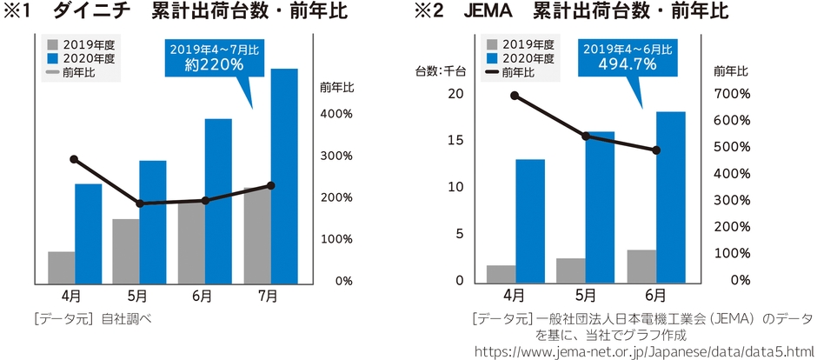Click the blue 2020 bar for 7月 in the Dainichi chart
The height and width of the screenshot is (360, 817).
coord(284,174)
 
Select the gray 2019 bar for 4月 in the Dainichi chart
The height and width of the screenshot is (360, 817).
coord(61,267)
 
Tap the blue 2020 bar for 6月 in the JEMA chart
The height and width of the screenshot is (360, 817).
coord(670,196)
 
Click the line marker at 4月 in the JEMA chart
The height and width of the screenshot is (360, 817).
coord(514,96)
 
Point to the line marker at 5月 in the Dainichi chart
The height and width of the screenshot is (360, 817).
coord(139,203)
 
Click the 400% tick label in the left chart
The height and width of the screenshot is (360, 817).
coord(336,114)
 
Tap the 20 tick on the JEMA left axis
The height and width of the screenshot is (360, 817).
coord(455,94)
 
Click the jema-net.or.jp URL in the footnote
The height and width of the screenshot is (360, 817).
coord(643,350)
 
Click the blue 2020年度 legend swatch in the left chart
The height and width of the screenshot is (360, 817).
coord(51,58)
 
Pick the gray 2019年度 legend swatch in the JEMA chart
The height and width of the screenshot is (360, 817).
coord(493,43)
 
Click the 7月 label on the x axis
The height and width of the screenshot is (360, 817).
coord(268,296)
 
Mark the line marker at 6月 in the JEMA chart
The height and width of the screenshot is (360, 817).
coord(656,150)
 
